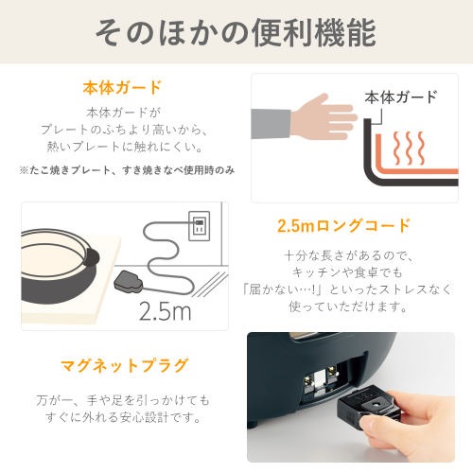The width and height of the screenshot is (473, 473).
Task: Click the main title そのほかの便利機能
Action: [x=236, y=32]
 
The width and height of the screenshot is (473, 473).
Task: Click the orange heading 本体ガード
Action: [x=122, y=88]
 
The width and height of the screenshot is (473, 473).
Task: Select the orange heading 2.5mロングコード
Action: [x=343, y=225]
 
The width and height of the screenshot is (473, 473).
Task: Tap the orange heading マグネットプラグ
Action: [x=125, y=366]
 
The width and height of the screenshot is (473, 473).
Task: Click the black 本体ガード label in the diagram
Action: [x=401, y=97]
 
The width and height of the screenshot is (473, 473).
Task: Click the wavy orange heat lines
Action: [x=409, y=149]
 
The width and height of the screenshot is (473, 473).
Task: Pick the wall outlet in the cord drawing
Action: [x=200, y=226]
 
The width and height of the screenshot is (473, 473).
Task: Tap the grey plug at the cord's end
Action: [x=129, y=281]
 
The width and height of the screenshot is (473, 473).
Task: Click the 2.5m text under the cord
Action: [x=165, y=311]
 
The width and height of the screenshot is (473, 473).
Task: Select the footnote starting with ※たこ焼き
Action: [x=127, y=170]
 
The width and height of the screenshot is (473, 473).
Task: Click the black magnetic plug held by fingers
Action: [x=366, y=405]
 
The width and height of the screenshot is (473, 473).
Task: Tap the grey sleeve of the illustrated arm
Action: [x=271, y=124]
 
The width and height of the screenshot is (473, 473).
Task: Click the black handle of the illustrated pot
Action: [x=93, y=257]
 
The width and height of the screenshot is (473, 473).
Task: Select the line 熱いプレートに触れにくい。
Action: [x=125, y=147]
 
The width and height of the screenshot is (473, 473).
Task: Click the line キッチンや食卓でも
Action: [x=347, y=272]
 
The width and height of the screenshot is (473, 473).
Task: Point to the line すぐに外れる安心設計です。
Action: [x=123, y=417]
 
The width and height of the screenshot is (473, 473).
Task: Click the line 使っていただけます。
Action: [x=348, y=307]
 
